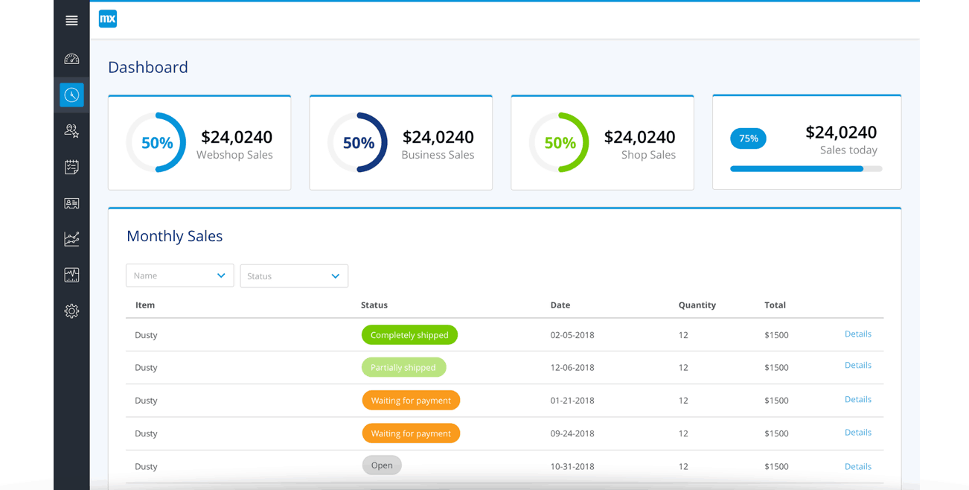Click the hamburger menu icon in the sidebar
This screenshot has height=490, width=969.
tap(71, 21)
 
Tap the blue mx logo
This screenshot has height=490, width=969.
tap(108, 19)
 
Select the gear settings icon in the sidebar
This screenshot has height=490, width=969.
tap(71, 311)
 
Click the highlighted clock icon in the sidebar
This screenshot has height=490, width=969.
tap(71, 95)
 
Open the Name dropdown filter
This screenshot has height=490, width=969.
tap(179, 276)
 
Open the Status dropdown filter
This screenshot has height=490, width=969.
tap(293, 276)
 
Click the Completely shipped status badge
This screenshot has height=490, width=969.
tap(409, 335)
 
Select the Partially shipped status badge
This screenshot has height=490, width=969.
tap(403, 367)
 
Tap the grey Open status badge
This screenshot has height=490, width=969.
tap(382, 465)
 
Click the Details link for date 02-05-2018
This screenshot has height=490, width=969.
tap(857, 334)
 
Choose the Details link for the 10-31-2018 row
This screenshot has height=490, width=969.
tap(857, 467)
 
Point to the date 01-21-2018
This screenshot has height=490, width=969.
tap(572, 401)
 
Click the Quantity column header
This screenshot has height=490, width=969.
tap(697, 305)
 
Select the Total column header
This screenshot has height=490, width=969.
tap(775, 305)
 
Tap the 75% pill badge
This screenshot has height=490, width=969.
tap(748, 139)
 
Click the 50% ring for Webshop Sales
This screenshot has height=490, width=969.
tap(156, 143)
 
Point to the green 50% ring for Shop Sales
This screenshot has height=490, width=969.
tap(560, 143)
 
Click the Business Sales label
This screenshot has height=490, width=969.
tap(438, 155)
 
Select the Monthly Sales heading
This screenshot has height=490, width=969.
tap(174, 236)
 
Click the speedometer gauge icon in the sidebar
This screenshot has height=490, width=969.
tap(71, 59)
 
